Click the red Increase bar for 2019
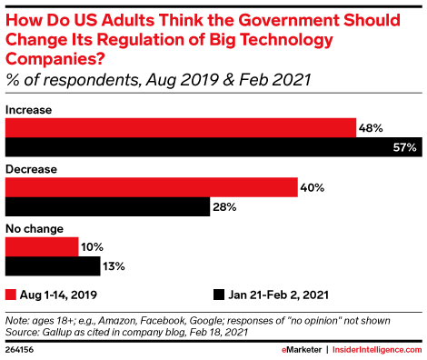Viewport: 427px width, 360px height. pos(181,127)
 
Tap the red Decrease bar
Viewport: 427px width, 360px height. pos(152,187)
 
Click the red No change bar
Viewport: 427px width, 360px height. pos(42,247)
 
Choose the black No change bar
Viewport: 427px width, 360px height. pos(53,267)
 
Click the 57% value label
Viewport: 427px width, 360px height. pos(406,147)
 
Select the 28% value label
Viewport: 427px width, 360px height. pos(225,207)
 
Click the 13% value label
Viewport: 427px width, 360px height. pos(114,267)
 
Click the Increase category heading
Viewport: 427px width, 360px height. pos(29,109)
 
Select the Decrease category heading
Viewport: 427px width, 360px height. pos(32,169)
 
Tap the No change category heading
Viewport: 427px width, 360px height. pos(35,229)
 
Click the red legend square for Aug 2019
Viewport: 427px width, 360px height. pos(12,295)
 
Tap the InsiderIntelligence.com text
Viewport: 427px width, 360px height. pos(374,349)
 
